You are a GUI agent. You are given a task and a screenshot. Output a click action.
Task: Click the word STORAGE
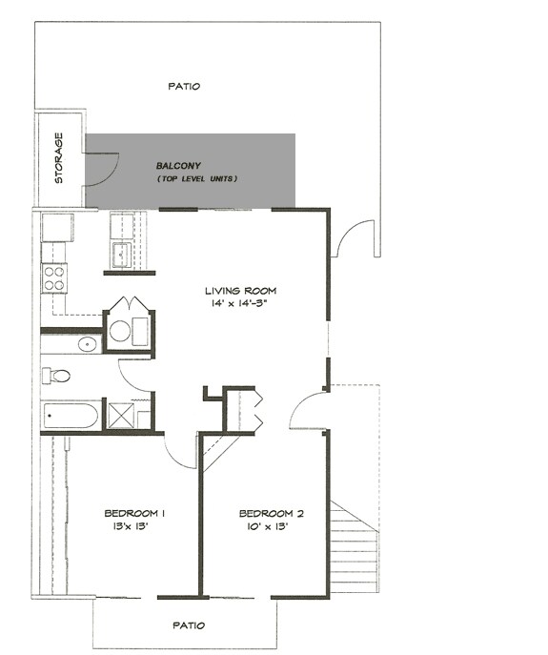pos(59,158)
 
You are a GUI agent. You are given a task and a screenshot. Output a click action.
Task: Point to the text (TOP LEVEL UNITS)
pos(196,179)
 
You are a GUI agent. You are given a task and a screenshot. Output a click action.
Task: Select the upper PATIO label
pos(184,86)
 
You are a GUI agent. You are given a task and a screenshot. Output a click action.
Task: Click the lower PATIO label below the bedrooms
pos(188,625)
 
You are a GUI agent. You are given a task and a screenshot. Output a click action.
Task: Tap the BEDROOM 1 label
pos(135,514)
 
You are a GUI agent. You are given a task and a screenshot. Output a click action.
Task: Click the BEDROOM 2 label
pos(270,514)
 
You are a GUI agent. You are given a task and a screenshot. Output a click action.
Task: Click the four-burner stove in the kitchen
pos(54,277)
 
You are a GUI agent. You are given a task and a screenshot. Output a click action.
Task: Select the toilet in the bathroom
pos(59,376)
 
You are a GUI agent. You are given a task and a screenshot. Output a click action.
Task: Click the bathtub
pos(70,416)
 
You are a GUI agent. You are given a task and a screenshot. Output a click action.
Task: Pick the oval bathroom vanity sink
pos(86,343)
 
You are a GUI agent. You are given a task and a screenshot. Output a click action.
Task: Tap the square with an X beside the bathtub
pos(120,415)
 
